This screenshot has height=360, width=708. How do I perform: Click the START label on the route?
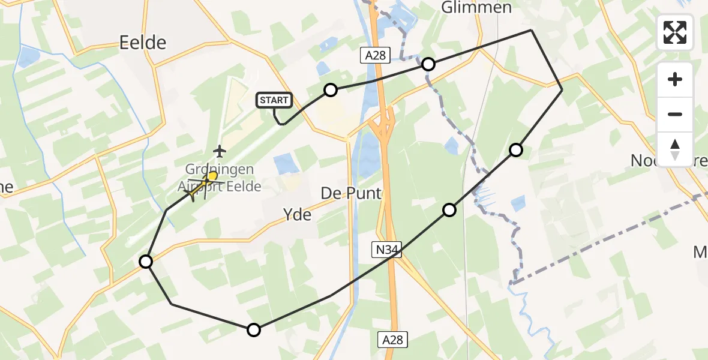click(275, 100)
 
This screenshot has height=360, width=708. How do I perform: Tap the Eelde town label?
click(143, 43)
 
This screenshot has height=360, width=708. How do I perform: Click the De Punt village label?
click(351, 193)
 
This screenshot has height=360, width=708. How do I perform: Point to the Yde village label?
click(298, 214)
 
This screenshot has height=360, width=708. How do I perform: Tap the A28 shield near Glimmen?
click(376, 56)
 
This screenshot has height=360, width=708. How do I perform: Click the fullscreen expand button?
click(674, 32)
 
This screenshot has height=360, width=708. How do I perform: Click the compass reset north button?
click(674, 149)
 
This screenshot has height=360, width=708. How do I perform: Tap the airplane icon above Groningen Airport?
click(221, 149)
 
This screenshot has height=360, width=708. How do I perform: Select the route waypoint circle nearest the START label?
click(331, 91)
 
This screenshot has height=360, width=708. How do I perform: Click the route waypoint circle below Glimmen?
click(428, 64)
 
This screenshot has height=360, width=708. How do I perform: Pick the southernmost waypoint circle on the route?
click(254, 329)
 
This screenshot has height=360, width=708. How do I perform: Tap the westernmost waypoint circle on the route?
click(146, 261)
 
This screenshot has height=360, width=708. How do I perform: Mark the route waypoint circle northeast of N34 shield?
click(449, 209)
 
